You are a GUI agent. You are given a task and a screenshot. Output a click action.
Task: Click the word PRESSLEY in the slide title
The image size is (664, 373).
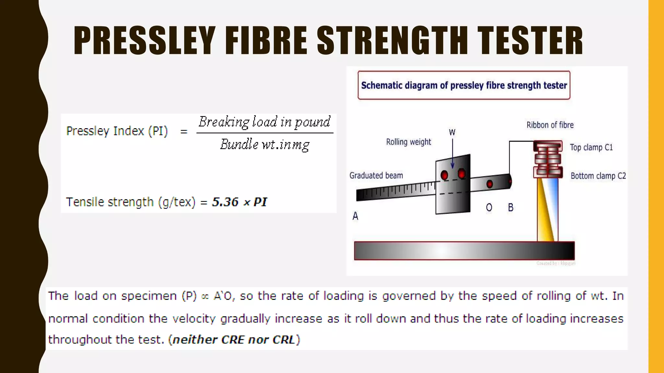pos(145,41)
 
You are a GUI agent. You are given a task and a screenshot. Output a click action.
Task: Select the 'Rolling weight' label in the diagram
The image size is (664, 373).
pos(409,142)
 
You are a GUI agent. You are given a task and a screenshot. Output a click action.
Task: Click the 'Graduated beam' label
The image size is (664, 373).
pos(376,175)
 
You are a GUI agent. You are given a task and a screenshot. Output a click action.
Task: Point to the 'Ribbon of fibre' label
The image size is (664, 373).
pos(550,125)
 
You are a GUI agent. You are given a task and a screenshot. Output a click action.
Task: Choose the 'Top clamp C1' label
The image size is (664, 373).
pos(591,148)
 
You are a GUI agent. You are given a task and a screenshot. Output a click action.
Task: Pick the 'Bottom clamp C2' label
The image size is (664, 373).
pos(598,176)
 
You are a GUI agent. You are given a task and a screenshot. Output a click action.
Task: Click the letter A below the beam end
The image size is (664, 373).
pos(355,216)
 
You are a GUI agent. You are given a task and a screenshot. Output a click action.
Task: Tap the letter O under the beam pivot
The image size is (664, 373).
pos(489,208)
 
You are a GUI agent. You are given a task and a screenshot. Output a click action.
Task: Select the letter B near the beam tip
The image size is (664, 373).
pos(511,208)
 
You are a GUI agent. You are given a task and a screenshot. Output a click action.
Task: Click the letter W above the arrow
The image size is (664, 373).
pos(452,132)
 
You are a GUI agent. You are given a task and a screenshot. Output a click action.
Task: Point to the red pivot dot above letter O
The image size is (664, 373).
pos(490,184)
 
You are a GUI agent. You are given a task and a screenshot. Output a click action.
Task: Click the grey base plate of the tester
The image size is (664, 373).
pos(464,251)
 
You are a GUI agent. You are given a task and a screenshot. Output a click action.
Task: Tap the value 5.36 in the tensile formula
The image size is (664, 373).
pos(225,202)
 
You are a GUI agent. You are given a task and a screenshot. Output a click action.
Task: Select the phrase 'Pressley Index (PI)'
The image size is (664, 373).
pos(117,131)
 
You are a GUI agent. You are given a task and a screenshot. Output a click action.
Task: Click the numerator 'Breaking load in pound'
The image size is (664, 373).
pos(265,122)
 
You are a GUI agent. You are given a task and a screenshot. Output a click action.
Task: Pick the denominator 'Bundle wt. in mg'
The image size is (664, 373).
pos(265,144)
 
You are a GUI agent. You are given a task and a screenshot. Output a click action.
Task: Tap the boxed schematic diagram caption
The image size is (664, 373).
pos(464,85)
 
